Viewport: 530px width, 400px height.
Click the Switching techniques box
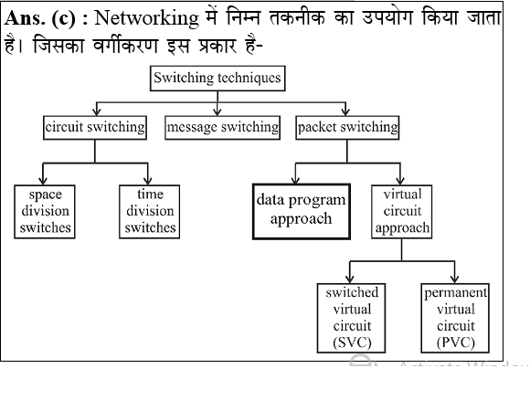click(217, 78)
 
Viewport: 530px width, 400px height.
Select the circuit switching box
click(95, 128)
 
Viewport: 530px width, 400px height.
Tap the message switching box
click(222, 128)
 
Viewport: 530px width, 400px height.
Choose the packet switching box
click(348, 128)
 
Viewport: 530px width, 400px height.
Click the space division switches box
click(45, 211)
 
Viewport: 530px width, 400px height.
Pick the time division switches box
click(150, 211)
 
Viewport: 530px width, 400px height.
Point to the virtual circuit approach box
click(402, 211)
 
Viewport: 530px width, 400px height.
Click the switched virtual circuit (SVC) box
click(352, 317)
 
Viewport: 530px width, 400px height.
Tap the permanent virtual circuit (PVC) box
click(456, 317)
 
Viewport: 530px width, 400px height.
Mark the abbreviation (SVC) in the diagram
click(352, 342)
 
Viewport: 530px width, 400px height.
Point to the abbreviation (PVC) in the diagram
click(456, 342)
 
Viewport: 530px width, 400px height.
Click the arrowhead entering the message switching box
click(217, 113)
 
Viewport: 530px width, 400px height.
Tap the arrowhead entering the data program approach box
click(293, 179)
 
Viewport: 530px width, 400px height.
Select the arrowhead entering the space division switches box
click(45, 179)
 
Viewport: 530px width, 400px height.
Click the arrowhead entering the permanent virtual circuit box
click(454, 279)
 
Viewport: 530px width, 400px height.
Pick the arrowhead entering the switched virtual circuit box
click(350, 279)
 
